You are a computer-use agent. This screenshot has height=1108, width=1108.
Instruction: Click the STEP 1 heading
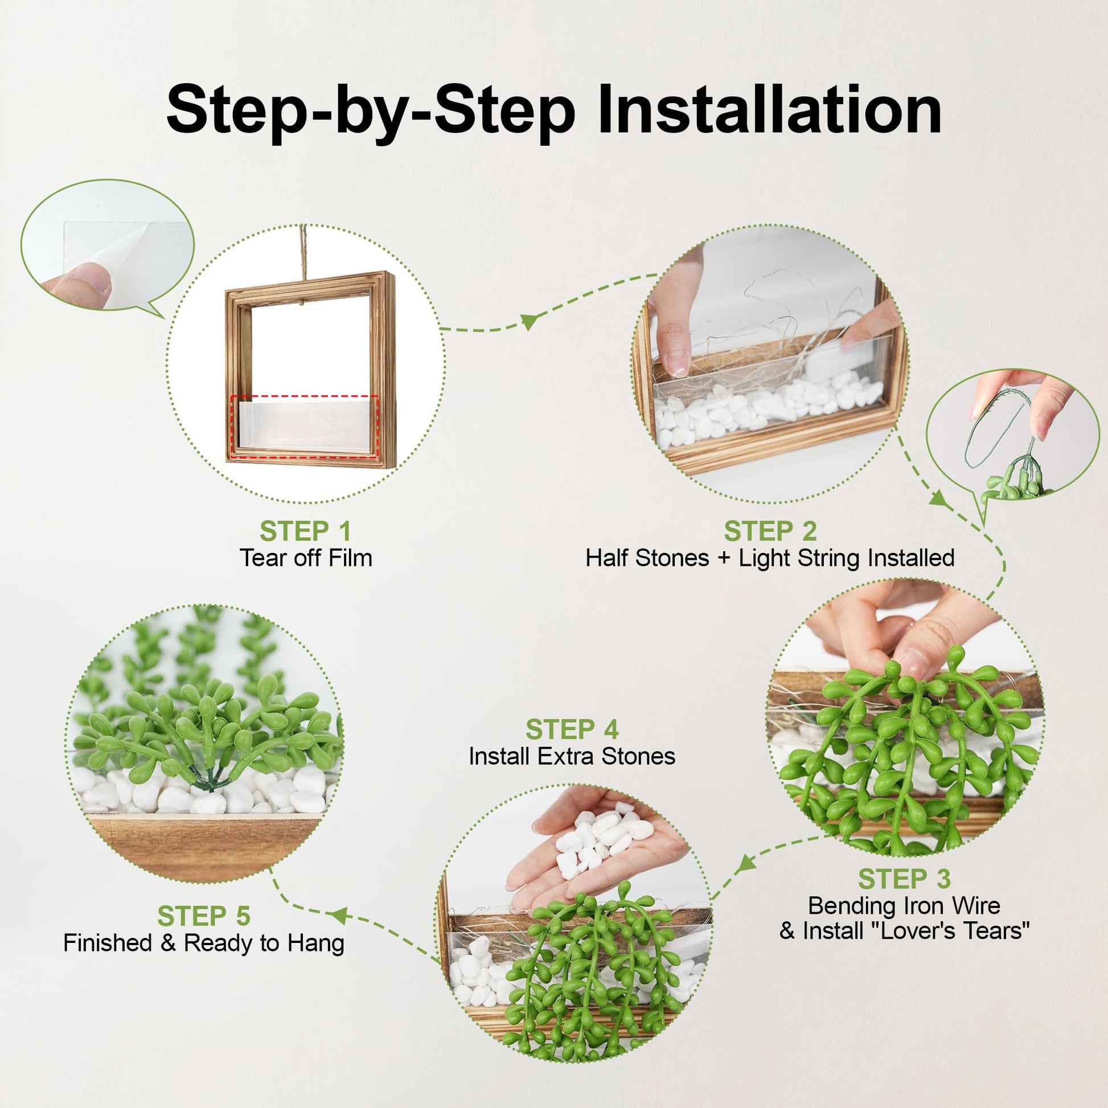tap(305, 531)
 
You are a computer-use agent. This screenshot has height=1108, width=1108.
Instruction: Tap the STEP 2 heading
tap(770, 531)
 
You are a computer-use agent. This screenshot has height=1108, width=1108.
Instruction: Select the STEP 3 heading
tap(904, 879)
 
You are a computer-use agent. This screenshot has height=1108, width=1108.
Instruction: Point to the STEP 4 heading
tap(572, 730)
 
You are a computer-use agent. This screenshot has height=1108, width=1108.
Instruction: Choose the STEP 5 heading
tap(204, 916)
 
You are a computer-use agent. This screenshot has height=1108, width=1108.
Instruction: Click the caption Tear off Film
tap(306, 558)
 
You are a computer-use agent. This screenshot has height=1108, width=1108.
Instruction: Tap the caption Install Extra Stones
tap(572, 757)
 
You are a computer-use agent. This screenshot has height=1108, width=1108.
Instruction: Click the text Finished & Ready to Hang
tap(204, 943)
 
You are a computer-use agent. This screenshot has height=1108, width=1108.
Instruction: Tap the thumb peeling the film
tap(81, 283)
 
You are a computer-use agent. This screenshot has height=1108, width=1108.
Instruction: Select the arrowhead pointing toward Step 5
tap(338, 916)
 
